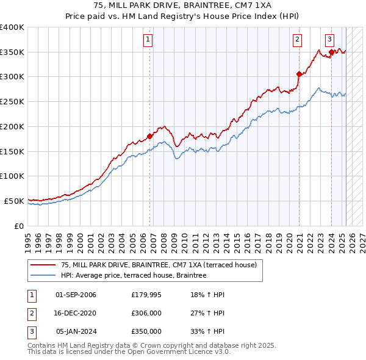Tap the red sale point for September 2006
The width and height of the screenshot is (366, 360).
point(149,136)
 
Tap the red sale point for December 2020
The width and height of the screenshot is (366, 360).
point(300,74)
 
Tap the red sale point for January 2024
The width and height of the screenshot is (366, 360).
point(331,52)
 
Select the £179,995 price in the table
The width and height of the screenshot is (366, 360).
point(146,295)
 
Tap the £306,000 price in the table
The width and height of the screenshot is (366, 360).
point(146,314)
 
